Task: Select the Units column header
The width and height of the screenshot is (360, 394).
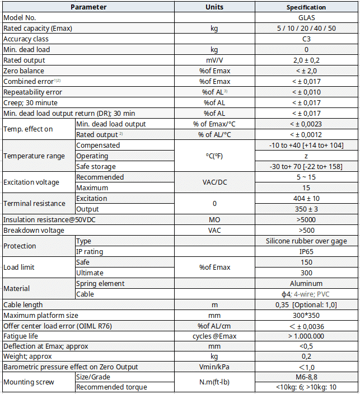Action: pyautogui.click(x=214, y=7)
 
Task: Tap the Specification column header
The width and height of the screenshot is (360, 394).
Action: pyautogui.click(x=306, y=7)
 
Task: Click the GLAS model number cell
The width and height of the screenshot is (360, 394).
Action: pyautogui.click(x=306, y=18)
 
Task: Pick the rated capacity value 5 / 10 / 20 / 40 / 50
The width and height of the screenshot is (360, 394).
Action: pyautogui.click(x=306, y=29)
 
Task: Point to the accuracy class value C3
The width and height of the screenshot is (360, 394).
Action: pyautogui.click(x=306, y=39)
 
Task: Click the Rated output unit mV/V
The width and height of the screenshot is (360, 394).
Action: pyautogui.click(x=214, y=60)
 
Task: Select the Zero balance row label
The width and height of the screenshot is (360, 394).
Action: pyautogui.click(x=24, y=71)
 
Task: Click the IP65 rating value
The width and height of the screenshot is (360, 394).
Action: pyautogui.click(x=306, y=252)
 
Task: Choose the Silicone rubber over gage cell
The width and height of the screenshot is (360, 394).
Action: pyautogui.click(x=306, y=241)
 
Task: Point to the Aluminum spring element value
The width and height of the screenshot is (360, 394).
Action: pyautogui.click(x=306, y=284)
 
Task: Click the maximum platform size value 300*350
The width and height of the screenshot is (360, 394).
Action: pyautogui.click(x=306, y=316)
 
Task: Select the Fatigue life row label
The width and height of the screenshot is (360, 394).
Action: pyautogui.click(x=22, y=336)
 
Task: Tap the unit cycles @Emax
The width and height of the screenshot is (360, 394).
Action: pyautogui.click(x=214, y=336)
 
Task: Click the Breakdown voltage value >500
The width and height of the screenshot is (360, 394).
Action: pyautogui.click(x=306, y=231)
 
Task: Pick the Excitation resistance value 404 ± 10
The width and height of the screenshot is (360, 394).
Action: pyautogui.click(x=306, y=199)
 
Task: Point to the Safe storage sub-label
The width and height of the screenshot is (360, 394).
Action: pyautogui.click(x=96, y=167)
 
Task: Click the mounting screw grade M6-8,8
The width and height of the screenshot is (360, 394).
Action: pyautogui.click(x=306, y=377)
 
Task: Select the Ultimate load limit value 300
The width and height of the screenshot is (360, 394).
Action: pyautogui.click(x=306, y=273)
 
